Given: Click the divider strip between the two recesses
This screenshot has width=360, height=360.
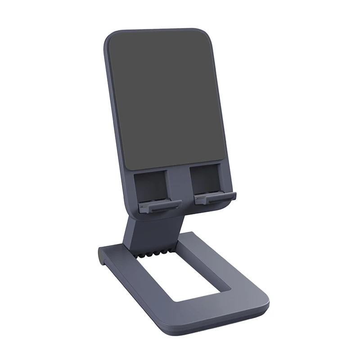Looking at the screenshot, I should click(x=180, y=184).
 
